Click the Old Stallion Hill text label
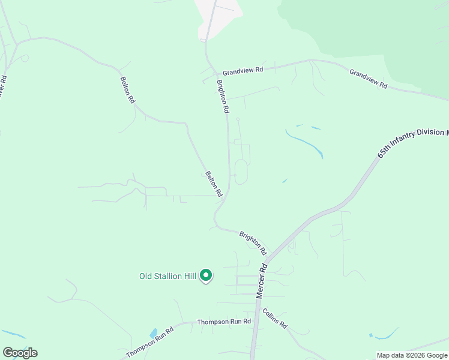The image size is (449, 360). [x=167, y=276]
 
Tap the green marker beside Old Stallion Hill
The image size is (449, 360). [x=206, y=275]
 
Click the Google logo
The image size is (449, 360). [x=20, y=353]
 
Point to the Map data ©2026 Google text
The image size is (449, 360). [x=412, y=355]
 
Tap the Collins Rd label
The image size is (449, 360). [x=275, y=318]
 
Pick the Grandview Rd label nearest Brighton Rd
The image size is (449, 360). [x=243, y=70]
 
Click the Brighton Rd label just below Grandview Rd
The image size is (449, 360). [x=222, y=97]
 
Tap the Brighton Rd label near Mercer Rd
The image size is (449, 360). [x=253, y=242]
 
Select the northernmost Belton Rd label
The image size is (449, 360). [x=127, y=90]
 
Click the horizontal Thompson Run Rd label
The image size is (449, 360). [x=224, y=322]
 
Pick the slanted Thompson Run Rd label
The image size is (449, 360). [x=149, y=342]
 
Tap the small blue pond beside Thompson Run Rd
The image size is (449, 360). [x=154, y=332]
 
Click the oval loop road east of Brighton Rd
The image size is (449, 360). [x=240, y=172]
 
